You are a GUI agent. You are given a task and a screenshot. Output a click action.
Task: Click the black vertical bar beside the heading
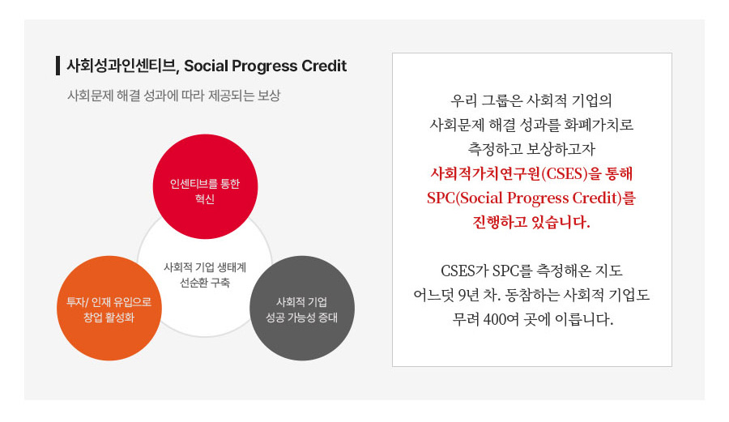[x=58, y=66]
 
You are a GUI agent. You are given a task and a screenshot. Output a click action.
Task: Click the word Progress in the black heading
[x=265, y=66]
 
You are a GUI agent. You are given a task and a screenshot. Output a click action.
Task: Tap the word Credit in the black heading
[x=324, y=66]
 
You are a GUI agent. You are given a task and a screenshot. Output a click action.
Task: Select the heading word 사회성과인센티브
[x=122, y=66]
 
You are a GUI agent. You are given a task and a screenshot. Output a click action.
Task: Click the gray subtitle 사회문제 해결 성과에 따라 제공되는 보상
[x=174, y=96]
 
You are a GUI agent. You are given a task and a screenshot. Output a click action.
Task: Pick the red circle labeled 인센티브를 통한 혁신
[x=205, y=186]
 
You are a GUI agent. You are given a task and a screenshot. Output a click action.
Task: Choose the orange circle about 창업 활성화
[x=109, y=308]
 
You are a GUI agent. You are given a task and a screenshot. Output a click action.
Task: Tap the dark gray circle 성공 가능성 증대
[x=302, y=308]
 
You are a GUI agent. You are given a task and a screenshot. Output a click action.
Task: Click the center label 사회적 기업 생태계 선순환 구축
[x=205, y=275]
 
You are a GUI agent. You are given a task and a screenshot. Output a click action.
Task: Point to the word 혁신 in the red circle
[x=205, y=199]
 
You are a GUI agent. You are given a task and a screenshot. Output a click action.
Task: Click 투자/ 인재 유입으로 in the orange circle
[x=109, y=302]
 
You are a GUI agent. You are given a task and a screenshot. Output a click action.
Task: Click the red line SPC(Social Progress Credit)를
[x=531, y=198]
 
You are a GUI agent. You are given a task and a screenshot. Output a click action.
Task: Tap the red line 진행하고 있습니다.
[x=531, y=222]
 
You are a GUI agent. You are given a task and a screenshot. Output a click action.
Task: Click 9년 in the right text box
[x=468, y=295]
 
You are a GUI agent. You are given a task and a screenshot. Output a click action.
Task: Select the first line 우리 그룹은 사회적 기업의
[x=531, y=100]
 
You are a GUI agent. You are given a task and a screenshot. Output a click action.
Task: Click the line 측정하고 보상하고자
[x=531, y=149]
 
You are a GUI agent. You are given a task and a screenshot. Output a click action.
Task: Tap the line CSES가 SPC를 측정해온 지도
[x=531, y=271]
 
